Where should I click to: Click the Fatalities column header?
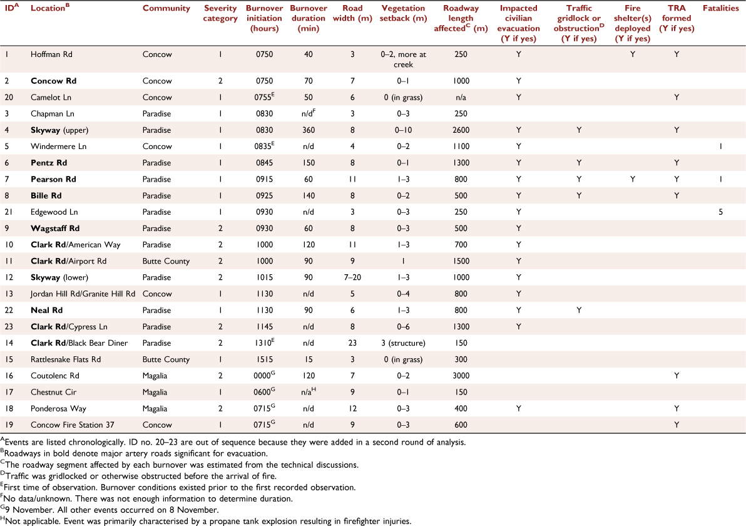tap(720, 8)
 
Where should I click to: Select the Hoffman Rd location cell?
tap(51, 54)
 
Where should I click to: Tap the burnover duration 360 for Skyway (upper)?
tap(309, 130)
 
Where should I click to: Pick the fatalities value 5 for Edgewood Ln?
tap(720, 212)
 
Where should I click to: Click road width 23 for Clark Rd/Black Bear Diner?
tap(352, 343)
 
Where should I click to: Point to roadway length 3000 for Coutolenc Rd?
tap(461, 376)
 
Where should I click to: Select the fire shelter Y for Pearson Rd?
tap(632, 179)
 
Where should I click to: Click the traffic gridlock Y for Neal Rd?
tap(578, 310)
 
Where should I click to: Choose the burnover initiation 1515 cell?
tap(264, 359)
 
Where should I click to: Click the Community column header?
tap(166, 8)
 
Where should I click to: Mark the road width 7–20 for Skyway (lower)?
tap(352, 277)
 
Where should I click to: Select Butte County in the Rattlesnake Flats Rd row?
tap(166, 359)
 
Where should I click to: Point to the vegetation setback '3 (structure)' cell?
tap(403, 343)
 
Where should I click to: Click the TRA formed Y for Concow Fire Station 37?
tap(676, 425)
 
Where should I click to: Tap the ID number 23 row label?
tap(9, 326)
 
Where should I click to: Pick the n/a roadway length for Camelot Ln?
tap(461, 97)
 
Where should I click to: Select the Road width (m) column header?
tap(352, 13)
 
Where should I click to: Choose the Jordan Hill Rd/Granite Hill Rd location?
tap(83, 294)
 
